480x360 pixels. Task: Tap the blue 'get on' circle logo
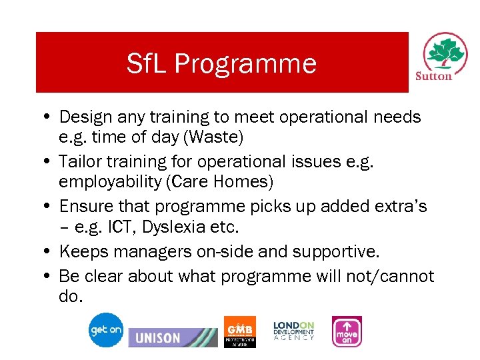106,330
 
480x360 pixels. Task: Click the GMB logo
239,331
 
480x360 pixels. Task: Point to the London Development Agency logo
293,331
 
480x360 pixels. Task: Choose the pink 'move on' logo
347,331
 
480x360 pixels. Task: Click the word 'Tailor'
79,161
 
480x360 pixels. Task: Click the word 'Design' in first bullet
84,117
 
